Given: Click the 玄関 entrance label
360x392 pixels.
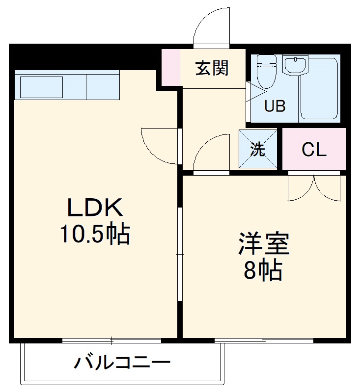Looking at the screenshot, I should (212, 68).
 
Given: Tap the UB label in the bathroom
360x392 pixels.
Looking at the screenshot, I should (275, 106).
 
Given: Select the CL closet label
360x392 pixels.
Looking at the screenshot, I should (314, 150).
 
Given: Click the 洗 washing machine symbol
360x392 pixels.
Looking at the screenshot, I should (258, 149).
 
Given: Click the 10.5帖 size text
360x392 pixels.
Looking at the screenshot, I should (94, 235).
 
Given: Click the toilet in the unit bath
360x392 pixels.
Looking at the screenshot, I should (267, 71).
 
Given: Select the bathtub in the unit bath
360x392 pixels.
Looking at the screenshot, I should (319, 88).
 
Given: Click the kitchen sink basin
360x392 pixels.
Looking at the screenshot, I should (41, 87).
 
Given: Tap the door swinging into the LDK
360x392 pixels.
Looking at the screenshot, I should (160, 145).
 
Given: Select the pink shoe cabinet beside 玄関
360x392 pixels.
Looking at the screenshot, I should (171, 68).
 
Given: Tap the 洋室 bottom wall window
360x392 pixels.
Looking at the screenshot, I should (264, 340).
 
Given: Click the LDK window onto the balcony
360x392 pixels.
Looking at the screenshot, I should (112, 340).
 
